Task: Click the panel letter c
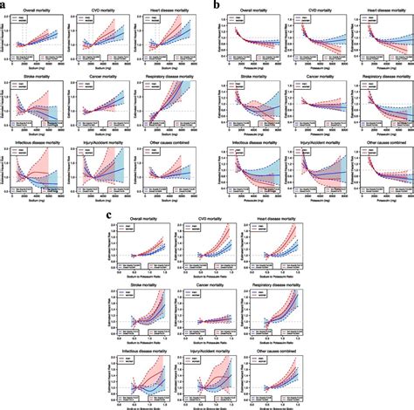click(x=107, y=214)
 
